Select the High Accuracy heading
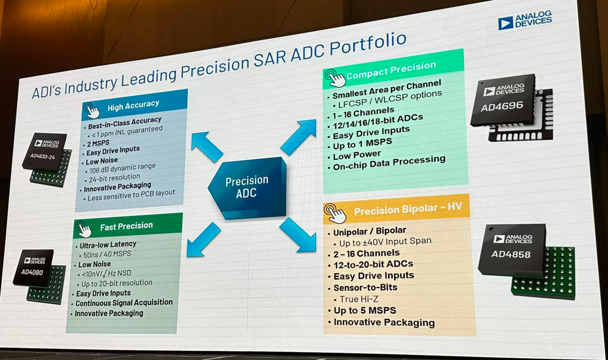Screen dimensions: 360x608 pyautogui.click(x=133, y=104)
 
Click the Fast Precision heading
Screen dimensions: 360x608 pyautogui.click(x=126, y=226)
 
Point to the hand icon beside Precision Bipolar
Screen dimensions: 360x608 pyautogui.click(x=336, y=213)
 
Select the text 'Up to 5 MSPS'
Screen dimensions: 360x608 pyautogui.click(x=365, y=310)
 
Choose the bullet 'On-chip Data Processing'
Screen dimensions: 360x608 pyautogui.click(x=389, y=162)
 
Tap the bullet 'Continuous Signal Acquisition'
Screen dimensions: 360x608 pyautogui.click(x=124, y=303)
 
